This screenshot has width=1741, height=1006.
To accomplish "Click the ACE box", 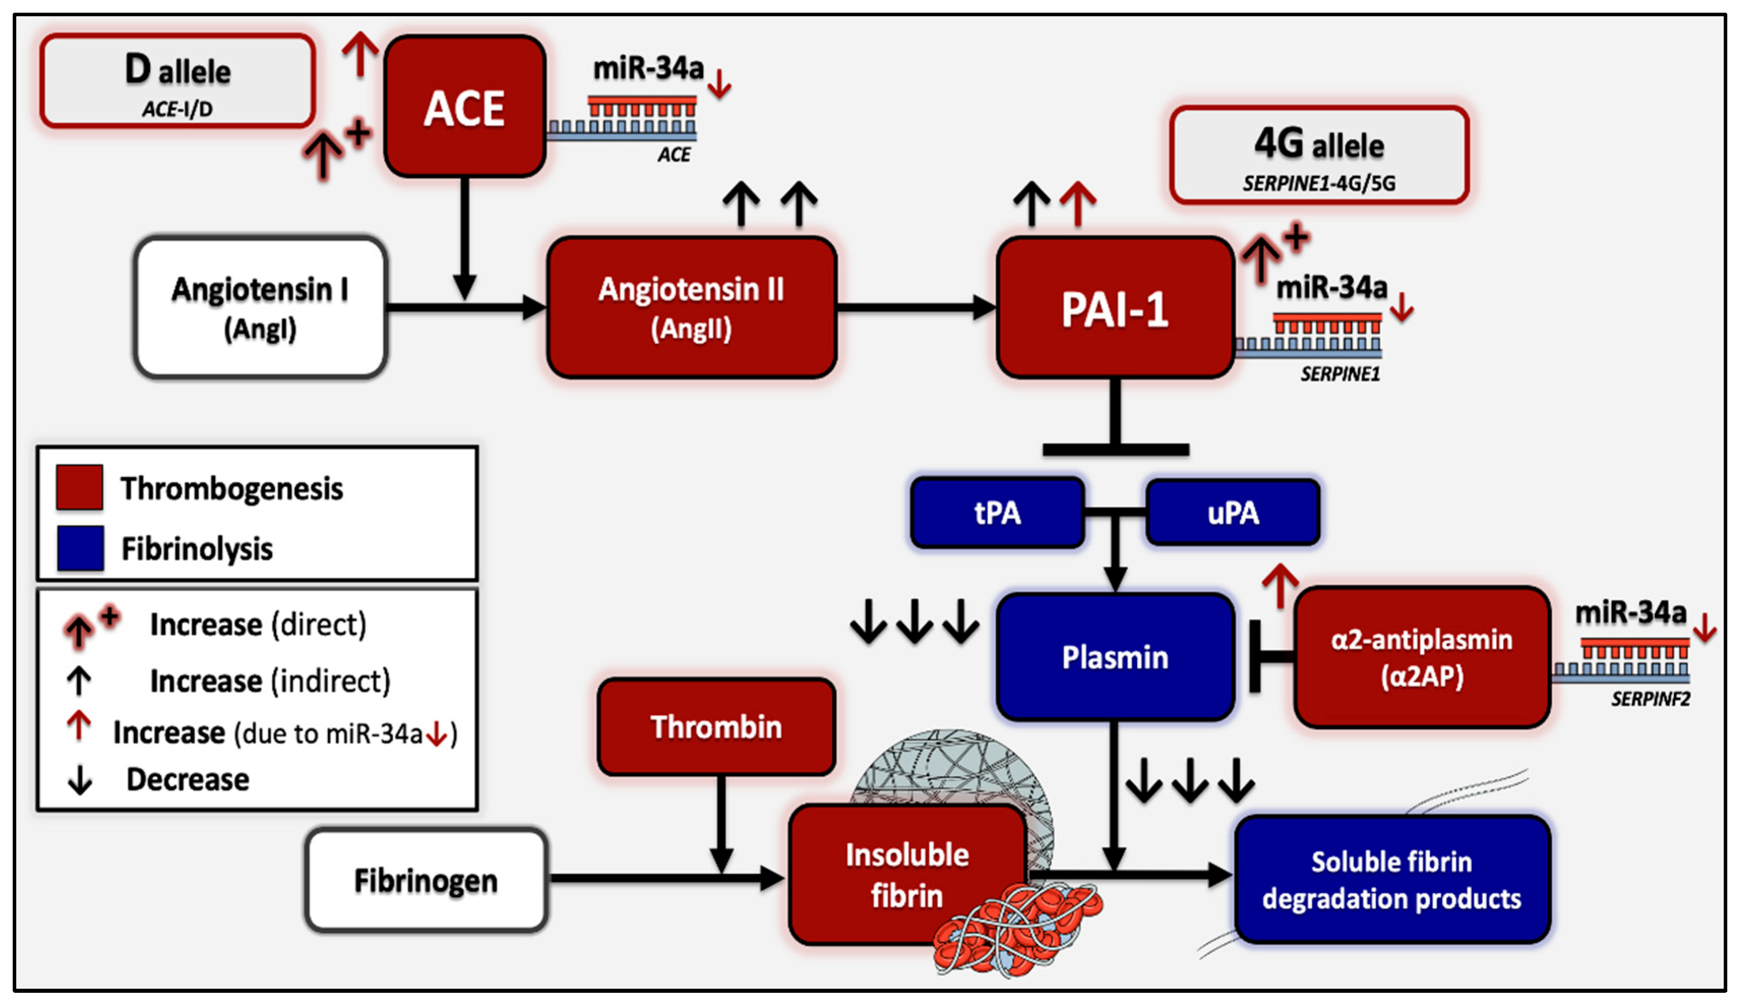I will [x=464, y=107].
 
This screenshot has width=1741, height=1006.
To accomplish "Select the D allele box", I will [x=177, y=81].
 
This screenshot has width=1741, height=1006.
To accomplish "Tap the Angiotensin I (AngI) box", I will [x=260, y=308].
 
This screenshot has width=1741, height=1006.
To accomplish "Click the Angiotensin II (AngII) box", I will [x=691, y=308].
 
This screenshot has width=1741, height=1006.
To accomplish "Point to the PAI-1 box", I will [x=1114, y=308].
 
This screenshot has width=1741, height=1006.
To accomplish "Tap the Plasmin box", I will [x=1114, y=656].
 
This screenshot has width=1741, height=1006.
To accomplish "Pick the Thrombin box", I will [x=716, y=727].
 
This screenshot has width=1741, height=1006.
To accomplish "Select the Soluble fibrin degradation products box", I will [x=1391, y=879].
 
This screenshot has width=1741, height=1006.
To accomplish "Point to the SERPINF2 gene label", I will [x=1650, y=699].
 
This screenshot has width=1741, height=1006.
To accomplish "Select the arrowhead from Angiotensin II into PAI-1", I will [x=984, y=308].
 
